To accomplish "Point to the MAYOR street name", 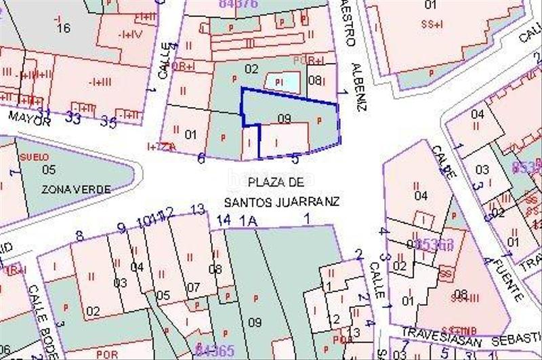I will pyautogui.click(x=29, y=119).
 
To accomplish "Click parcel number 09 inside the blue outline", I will pyautogui.click(x=285, y=119).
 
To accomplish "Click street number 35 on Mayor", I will pyautogui.click(x=108, y=122).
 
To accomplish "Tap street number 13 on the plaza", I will pyautogui.click(x=197, y=209).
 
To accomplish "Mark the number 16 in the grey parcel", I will pyautogui.click(x=64, y=28).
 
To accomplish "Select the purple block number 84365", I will pyautogui.click(x=215, y=351).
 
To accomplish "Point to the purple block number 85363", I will pyautogui.click(x=434, y=243).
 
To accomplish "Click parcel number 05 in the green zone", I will pyautogui.click(x=49, y=169).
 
